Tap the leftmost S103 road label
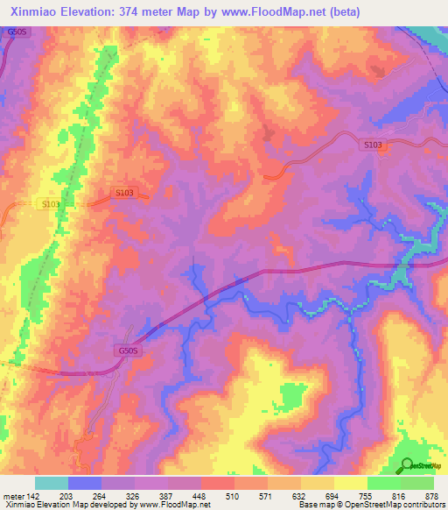(x=52, y=204)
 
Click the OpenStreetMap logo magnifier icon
(x=408, y=464)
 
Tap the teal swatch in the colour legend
(x=52, y=483)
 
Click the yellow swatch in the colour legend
(x=350, y=483)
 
